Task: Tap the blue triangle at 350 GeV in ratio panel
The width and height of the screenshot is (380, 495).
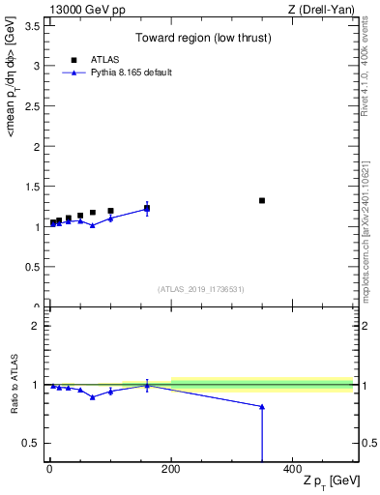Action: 262,407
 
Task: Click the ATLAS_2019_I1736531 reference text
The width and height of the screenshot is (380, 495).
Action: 201,289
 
